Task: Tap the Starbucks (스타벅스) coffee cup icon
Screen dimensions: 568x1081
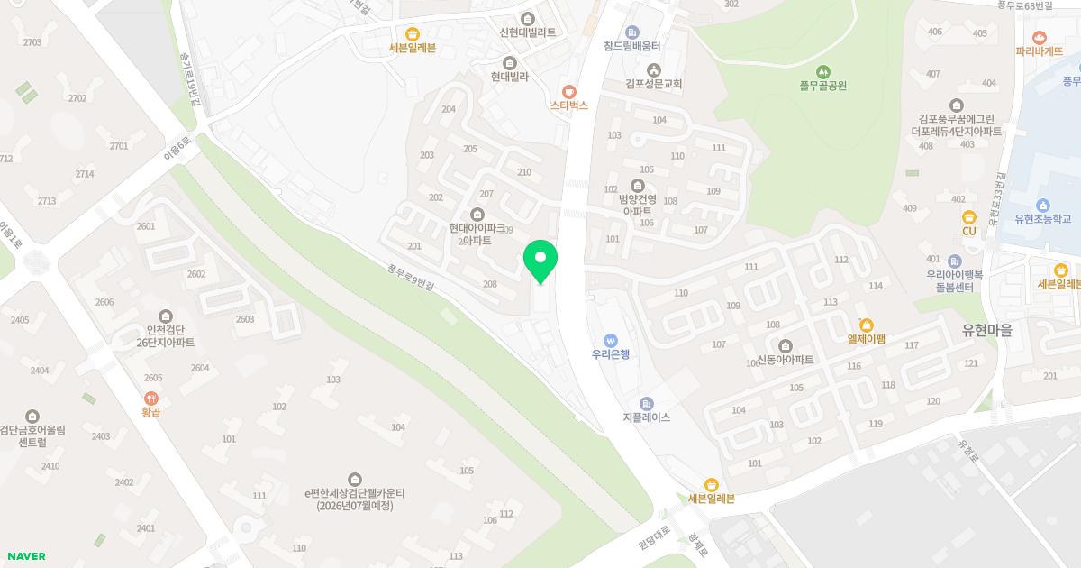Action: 568,90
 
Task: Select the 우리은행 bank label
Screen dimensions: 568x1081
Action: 610,354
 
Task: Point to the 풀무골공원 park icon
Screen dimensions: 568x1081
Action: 822,71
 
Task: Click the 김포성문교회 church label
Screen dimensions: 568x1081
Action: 653,84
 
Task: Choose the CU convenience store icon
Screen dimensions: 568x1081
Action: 969,216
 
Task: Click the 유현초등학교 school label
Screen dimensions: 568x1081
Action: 1042,219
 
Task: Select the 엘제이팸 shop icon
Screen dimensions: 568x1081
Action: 867,325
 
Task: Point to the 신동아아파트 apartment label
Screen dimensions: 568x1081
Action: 785,361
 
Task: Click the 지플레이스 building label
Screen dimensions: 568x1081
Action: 646,418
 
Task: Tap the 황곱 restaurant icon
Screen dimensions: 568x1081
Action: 150,411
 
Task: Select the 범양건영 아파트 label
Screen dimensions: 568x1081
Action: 637,205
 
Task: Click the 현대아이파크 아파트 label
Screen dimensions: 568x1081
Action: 477,234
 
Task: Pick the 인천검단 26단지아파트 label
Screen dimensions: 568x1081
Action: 165,336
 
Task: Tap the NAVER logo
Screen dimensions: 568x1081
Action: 25,556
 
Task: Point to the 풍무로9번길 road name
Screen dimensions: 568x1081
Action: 411,278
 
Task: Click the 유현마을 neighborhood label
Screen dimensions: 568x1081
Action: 986,331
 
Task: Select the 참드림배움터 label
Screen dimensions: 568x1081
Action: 632,45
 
